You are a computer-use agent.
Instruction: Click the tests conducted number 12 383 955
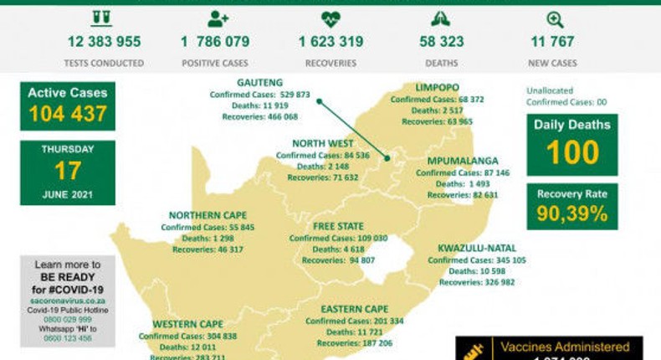pyautogui.click(x=104, y=42)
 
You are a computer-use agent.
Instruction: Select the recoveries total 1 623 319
pyautogui.click(x=331, y=42)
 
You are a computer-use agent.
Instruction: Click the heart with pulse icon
pyautogui.click(x=330, y=18)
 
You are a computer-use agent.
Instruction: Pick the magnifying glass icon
pyautogui.click(x=554, y=18)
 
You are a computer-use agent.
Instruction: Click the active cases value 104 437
pyautogui.click(x=67, y=115)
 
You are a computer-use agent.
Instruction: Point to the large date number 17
pyautogui.click(x=67, y=171)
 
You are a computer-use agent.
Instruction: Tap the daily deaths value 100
pyautogui.click(x=572, y=152)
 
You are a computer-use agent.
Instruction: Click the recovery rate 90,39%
pyautogui.click(x=573, y=213)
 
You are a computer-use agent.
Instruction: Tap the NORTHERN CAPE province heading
pyautogui.click(x=208, y=215)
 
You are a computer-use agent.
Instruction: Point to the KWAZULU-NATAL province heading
pyautogui.click(x=476, y=248)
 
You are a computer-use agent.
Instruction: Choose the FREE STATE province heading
pyautogui.click(x=338, y=226)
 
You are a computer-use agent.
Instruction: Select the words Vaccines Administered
pyautogui.click(x=565, y=347)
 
